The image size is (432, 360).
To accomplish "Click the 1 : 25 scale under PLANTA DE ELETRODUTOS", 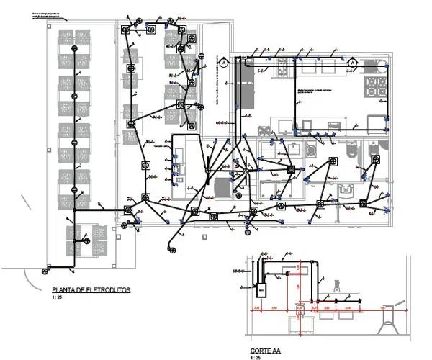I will (x=57, y=297).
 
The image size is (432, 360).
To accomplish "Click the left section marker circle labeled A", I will (x=224, y=63).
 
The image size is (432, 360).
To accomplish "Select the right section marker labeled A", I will (x=352, y=63).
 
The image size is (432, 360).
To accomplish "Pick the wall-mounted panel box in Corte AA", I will (x=264, y=290).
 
